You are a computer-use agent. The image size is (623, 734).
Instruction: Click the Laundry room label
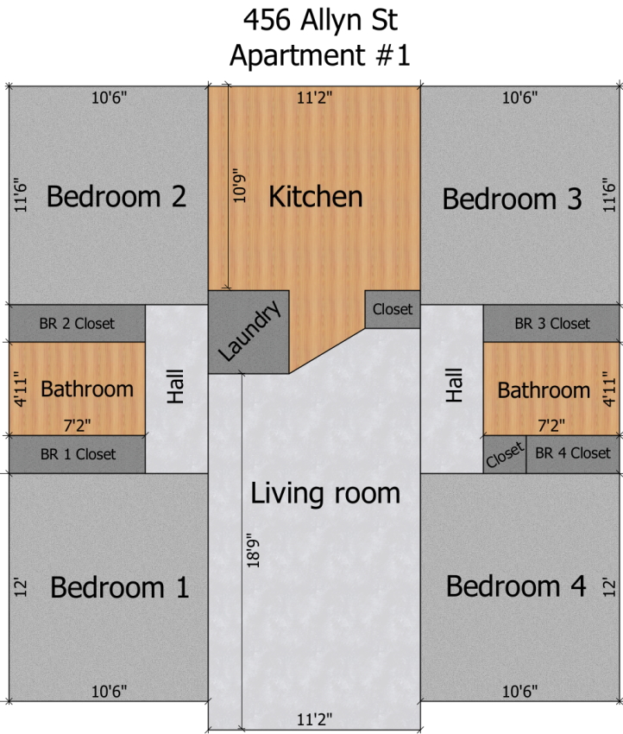coord(249,330)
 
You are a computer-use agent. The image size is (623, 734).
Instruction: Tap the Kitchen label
coord(316,197)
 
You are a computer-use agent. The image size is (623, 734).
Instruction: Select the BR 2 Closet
coord(77,324)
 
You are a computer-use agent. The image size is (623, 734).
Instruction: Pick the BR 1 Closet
coord(77,454)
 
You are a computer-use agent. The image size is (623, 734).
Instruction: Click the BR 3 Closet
coord(551,324)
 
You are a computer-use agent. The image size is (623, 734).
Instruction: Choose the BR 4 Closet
coord(573,454)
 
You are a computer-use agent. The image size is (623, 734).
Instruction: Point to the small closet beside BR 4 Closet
coord(505,454)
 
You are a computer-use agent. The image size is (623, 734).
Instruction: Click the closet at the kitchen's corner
coord(393,309)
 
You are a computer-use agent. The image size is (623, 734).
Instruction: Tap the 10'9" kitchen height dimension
coord(239,186)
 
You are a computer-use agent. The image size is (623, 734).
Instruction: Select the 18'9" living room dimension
coord(253,551)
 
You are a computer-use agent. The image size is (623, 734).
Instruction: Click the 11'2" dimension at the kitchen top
coord(315,98)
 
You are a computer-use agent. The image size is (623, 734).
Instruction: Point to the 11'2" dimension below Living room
coord(315,719)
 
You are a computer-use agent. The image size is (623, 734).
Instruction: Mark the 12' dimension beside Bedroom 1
coord(21,587)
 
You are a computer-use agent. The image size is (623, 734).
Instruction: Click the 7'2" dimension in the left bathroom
coord(77,426)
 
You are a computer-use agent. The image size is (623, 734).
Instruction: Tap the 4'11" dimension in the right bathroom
coord(608,389)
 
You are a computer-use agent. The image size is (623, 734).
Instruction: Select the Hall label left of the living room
coord(176,387)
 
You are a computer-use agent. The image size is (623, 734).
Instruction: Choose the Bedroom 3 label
coord(513,199)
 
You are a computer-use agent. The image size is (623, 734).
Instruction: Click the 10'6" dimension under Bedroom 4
coord(519,691)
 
